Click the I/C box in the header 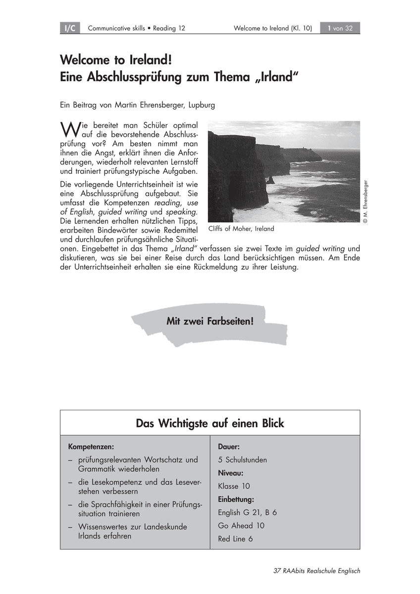pyautogui.click(x=70, y=28)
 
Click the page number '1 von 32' pyautogui.click(x=340, y=28)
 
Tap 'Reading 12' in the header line pyautogui.click(x=169, y=28)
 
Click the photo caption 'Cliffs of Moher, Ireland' pyautogui.click(x=241, y=229)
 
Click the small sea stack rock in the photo pyautogui.click(x=270, y=180)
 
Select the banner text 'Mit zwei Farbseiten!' pyautogui.click(x=210, y=321)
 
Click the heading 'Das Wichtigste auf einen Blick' pyautogui.click(x=210, y=423)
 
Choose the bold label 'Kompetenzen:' pyautogui.click(x=91, y=446)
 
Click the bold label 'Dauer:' pyautogui.click(x=229, y=446)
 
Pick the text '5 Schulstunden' pyautogui.click(x=242, y=460)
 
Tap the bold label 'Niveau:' pyautogui.click(x=231, y=473)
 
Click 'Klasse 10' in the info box pyautogui.click(x=234, y=486)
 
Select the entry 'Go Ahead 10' pyautogui.click(x=241, y=526)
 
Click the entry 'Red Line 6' pyautogui.click(x=235, y=539)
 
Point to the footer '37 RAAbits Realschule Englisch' pyautogui.click(x=316, y=571)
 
